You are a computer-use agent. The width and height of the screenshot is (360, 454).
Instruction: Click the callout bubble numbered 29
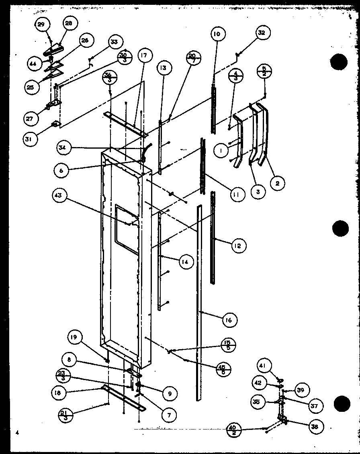41,25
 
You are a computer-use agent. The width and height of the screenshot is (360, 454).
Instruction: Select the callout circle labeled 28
69,24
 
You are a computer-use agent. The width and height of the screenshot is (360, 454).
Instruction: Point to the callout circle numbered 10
217,34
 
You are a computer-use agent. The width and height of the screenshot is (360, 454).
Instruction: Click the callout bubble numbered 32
262,33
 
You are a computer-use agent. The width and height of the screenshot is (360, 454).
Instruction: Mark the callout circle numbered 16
229,320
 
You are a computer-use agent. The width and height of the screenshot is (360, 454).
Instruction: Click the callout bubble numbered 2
278,183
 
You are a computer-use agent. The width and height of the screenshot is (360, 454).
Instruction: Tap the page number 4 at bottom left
17,433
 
